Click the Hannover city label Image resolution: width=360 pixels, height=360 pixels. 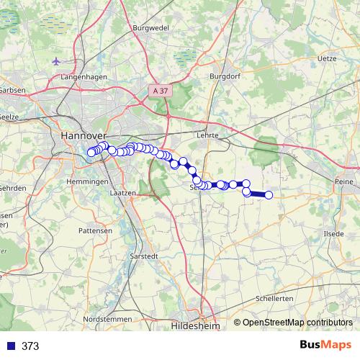tap(84, 135)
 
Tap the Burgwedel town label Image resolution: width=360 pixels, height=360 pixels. tap(150, 28)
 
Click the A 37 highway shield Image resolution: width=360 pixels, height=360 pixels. tap(163, 91)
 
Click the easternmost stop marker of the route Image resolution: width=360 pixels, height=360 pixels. tap(269, 195)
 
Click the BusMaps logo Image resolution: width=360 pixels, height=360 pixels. tap(327, 346)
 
